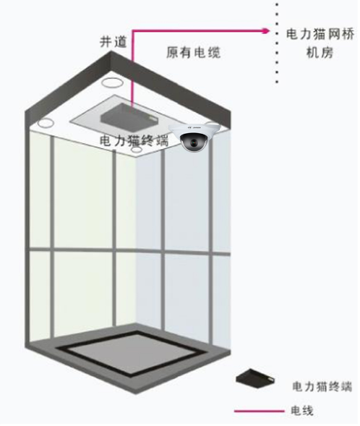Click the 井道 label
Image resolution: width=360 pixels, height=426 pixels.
113,41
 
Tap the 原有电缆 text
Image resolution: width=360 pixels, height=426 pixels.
193,52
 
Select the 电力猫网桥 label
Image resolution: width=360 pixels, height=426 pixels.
320,35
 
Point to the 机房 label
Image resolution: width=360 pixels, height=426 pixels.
320,52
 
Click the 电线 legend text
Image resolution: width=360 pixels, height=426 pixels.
302,411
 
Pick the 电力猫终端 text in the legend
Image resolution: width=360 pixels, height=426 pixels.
322,386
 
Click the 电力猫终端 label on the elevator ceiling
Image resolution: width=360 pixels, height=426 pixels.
134,141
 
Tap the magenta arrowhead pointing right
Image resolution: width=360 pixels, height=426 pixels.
265,30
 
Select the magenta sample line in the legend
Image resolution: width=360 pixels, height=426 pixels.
260,411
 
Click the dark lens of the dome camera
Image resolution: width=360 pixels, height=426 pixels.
194,142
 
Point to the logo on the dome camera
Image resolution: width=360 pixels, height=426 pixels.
194,127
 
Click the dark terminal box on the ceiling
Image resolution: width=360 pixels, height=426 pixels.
129,116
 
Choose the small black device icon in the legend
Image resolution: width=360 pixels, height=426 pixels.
255,378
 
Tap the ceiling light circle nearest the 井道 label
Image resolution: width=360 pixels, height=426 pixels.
111,82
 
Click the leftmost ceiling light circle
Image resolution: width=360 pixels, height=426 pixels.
46,123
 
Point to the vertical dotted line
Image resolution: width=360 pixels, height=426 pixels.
277,43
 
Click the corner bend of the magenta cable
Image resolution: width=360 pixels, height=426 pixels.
133,30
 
